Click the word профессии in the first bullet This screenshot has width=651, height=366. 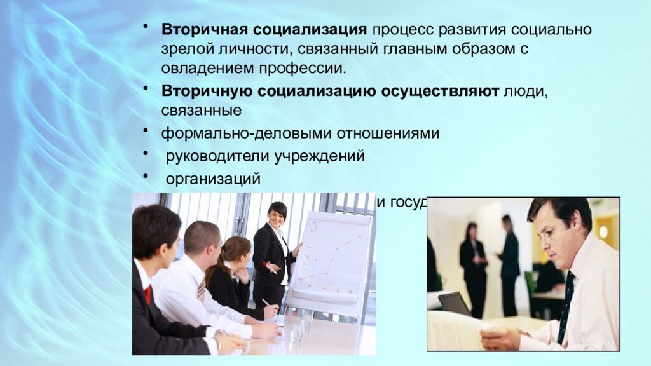(313, 67)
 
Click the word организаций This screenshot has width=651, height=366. (213, 179)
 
